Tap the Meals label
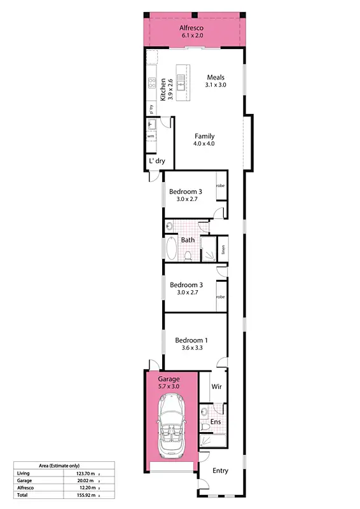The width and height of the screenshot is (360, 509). coord(216,77)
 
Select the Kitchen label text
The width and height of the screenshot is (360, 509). coord(163,90)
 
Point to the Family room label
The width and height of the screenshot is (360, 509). coord(204,136)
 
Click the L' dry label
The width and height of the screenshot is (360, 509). coord(156,162)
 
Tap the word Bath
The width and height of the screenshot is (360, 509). coord(188,240)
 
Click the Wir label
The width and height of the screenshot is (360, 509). coord(216,386)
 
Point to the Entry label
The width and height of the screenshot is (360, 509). coord(220,471)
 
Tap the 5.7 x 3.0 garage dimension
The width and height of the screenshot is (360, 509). coord(169,386)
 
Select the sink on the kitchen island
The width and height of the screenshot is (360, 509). coord(181,81)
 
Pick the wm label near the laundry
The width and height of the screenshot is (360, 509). coord(151,136)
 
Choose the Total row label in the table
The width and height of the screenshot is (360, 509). coord(22,494)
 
